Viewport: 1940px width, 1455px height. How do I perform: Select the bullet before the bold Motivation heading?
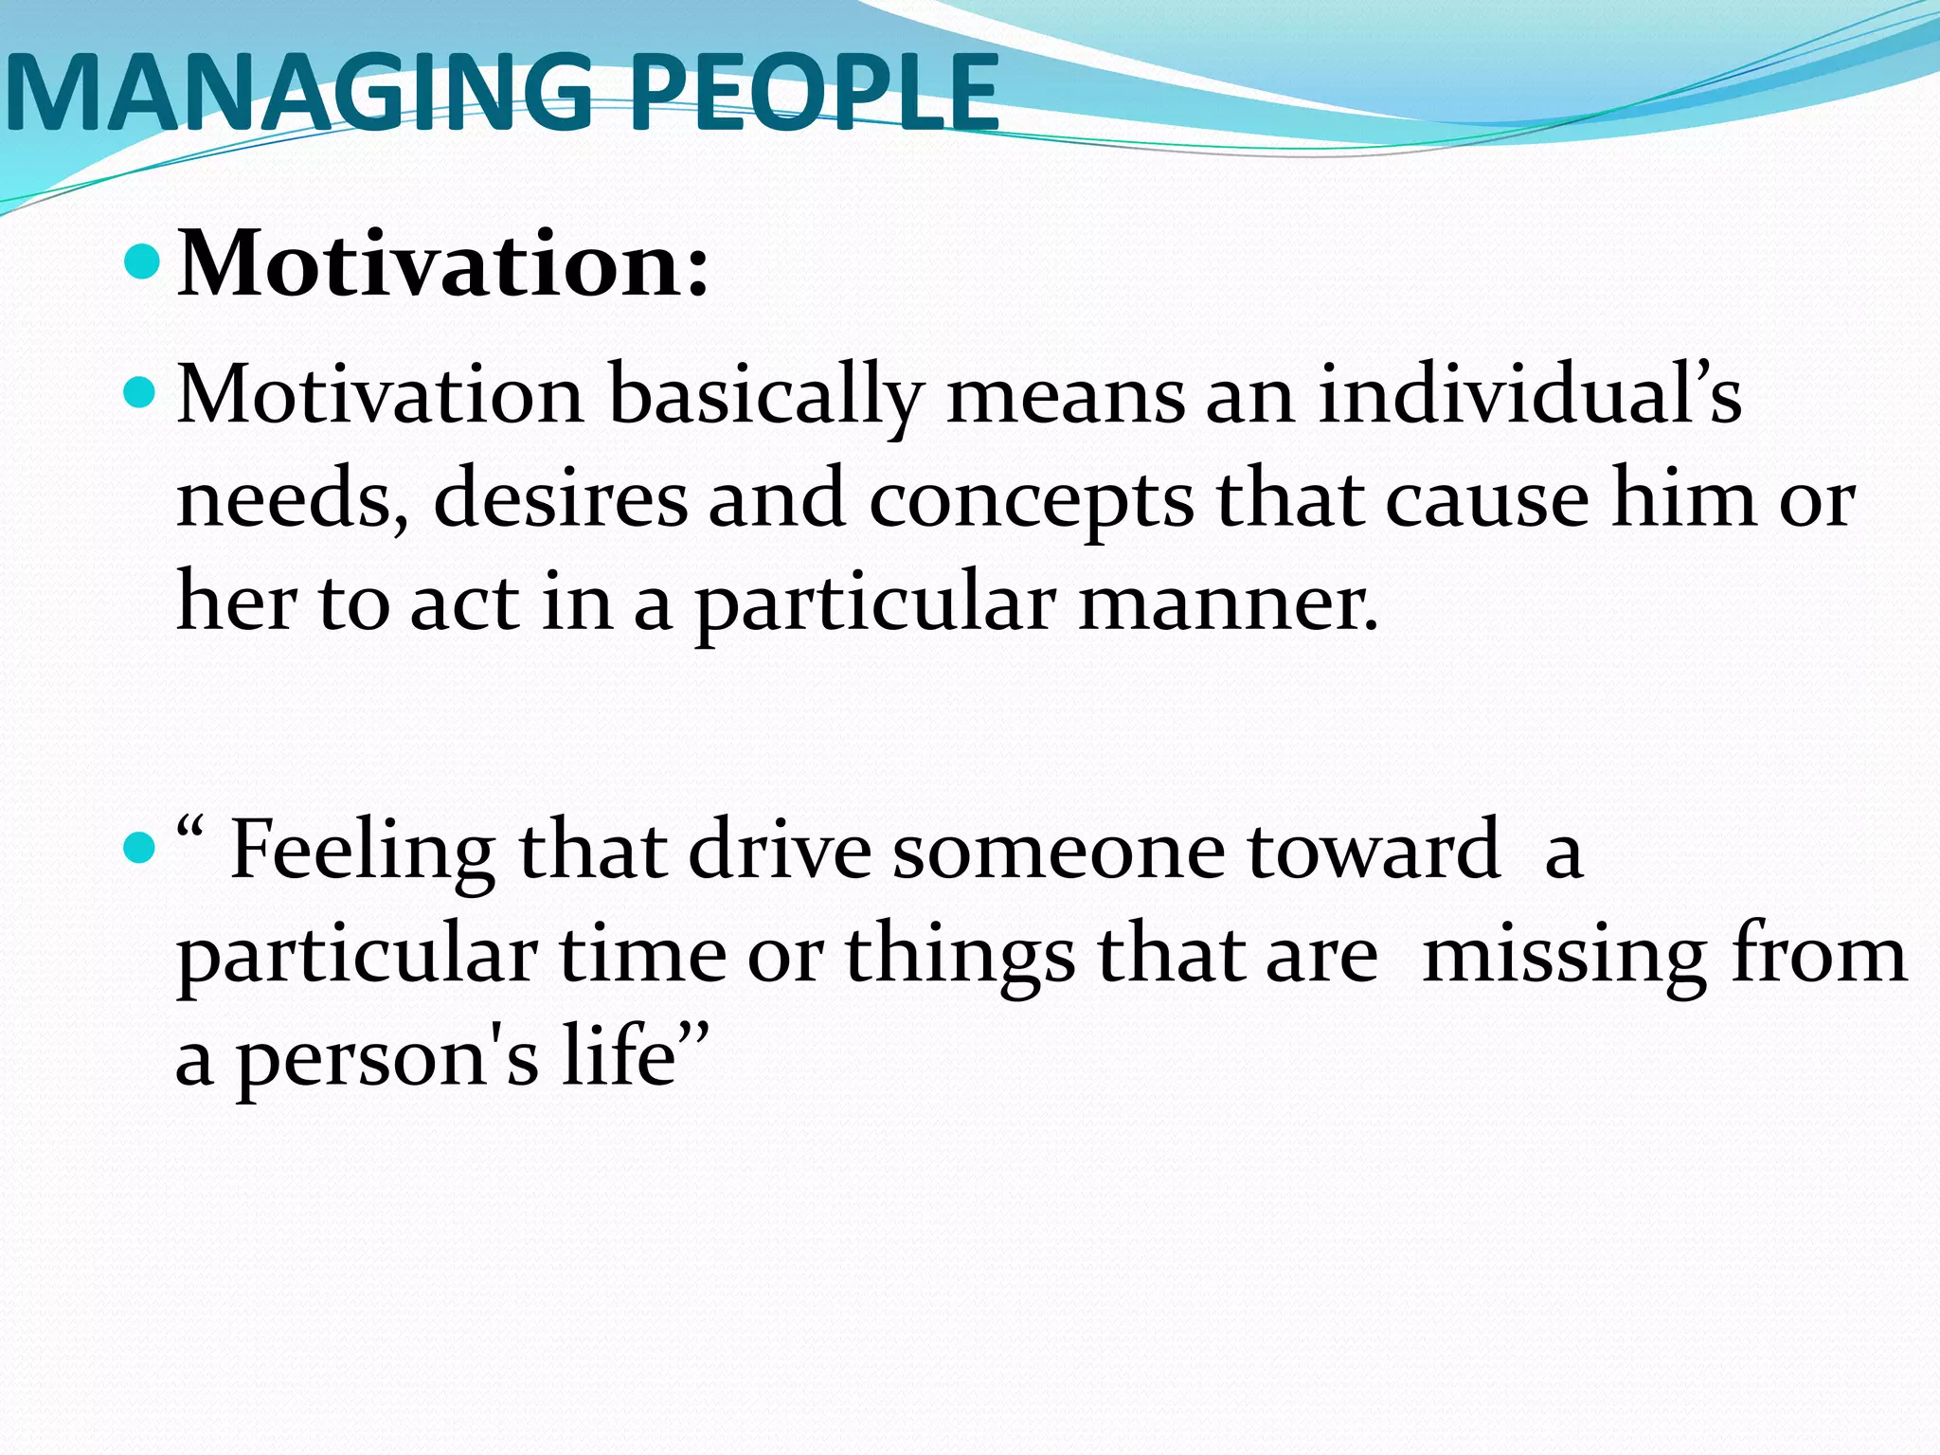(x=142, y=261)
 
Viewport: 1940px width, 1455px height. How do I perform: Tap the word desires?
(x=560, y=499)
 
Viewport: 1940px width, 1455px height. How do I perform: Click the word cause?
(x=1487, y=499)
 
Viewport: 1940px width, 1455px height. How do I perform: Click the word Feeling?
(x=363, y=851)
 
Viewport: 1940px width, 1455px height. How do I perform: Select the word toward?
(x=1374, y=851)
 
